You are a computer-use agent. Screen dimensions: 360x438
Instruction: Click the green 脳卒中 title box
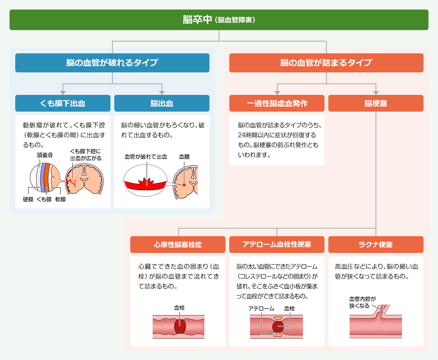pos(219,20)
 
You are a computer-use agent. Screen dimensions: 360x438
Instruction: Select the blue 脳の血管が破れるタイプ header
pos(112,63)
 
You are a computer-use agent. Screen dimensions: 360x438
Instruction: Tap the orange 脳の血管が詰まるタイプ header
pos(326,63)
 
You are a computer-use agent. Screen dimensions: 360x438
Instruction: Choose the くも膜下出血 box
pos(63,103)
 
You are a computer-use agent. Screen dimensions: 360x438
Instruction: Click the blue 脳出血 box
pos(162,103)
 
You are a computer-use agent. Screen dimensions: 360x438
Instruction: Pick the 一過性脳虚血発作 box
pos(277,103)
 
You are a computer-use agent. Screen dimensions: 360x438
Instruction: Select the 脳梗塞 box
pos(376,103)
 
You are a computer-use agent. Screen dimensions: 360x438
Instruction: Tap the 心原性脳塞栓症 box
pos(178,245)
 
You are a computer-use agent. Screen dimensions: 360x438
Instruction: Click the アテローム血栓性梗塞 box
pos(277,245)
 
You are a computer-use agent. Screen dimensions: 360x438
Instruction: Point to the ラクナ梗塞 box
pos(376,245)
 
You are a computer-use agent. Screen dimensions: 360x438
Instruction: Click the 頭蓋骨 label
pos(45,155)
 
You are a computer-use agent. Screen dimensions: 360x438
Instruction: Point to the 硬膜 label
pos(28,199)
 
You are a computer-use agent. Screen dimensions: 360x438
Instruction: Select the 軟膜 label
pos(61,199)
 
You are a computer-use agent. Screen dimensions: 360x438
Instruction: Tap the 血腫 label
pos(184,157)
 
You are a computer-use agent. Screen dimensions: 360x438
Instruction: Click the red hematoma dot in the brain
pos(184,185)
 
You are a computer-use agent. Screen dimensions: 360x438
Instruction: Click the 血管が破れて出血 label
pos(146,157)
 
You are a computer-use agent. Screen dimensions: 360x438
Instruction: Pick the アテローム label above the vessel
pos(261,308)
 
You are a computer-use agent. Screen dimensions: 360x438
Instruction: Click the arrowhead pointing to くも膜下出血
pos(63,93)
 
